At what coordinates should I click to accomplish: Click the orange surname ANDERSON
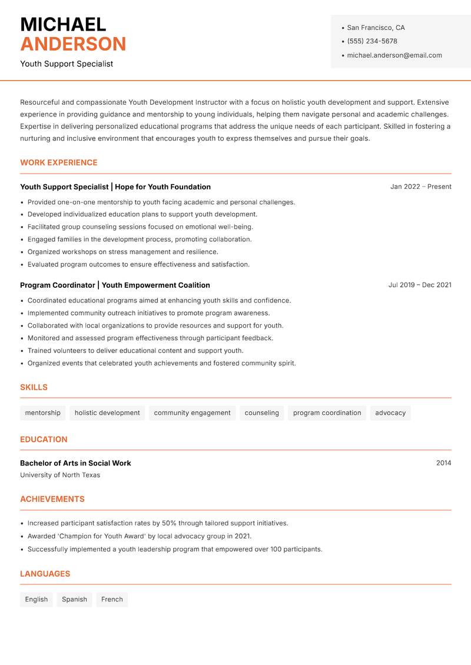[x=73, y=44]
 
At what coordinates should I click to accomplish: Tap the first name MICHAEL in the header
[x=63, y=25]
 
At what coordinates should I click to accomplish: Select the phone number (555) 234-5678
[x=372, y=41]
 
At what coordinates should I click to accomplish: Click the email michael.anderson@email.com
[x=394, y=55]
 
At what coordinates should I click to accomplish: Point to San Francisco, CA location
[x=376, y=28]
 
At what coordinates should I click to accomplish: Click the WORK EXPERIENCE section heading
[x=58, y=162]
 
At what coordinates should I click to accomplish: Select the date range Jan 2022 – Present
[x=420, y=187]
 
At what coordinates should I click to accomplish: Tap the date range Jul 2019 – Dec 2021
[x=419, y=285]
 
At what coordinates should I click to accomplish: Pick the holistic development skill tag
[x=107, y=413]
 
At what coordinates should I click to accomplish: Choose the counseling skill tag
[x=261, y=413]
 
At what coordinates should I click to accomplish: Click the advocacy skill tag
[x=390, y=413]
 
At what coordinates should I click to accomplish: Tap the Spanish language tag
[x=74, y=599]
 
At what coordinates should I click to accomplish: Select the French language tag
[x=112, y=599]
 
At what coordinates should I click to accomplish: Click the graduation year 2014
[x=443, y=463]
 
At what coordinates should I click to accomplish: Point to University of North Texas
[x=60, y=475]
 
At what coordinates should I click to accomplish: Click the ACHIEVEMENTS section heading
[x=52, y=499]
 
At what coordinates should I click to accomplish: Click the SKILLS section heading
[x=34, y=387]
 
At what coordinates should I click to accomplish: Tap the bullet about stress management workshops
[x=122, y=252]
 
